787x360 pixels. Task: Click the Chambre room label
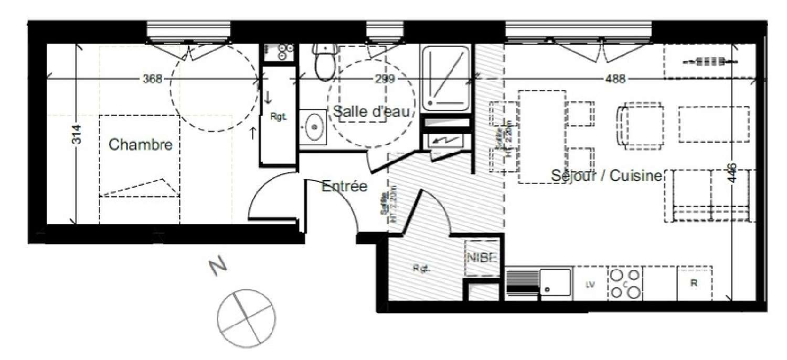140,144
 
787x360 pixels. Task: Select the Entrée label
344,186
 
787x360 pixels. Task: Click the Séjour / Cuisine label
607,176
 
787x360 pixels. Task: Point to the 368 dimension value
152,79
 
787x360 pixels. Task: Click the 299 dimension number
385,79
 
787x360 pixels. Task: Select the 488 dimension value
615,79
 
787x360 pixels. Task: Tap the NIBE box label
480,257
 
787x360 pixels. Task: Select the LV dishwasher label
590,284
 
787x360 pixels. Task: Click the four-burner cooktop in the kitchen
624,284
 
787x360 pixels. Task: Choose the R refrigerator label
694,284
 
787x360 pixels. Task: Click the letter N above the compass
217,267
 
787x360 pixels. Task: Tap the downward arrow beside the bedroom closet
268,98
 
